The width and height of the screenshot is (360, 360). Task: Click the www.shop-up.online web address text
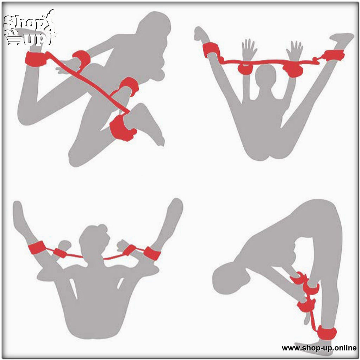319,348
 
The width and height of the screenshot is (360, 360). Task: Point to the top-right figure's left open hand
249,49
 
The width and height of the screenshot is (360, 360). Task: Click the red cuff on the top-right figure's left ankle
211,50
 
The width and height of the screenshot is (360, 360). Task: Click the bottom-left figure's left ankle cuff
36,247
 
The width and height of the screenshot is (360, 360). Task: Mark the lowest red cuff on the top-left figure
122,127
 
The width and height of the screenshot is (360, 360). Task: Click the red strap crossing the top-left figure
90,84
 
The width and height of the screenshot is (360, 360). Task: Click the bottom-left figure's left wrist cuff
60,253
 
